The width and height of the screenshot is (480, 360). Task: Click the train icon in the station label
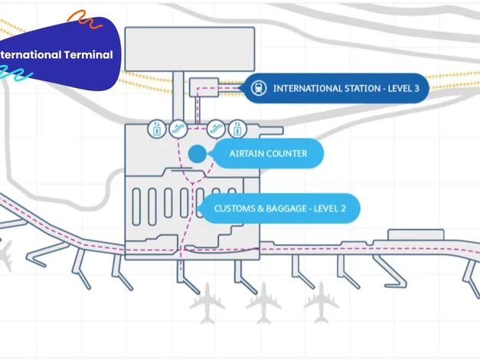tap(259, 88)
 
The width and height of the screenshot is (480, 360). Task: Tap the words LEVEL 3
tap(403, 89)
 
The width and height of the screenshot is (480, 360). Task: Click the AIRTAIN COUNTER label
tap(268, 153)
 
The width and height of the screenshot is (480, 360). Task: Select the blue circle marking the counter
tap(198, 154)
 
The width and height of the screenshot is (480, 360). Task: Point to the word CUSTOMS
tap(234, 208)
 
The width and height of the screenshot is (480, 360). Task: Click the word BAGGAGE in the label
tap(286, 208)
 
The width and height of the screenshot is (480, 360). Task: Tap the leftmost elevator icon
tap(157, 129)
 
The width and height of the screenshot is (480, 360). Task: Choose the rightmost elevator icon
tap(237, 129)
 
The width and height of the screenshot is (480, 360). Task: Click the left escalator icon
tap(178, 129)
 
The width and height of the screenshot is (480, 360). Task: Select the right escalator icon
tap(216, 129)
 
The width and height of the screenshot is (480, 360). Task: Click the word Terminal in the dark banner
tap(89, 54)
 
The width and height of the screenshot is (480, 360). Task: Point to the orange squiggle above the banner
tap(85, 19)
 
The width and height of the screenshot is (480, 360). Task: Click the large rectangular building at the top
tap(190, 49)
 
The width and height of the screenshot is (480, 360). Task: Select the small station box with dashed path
tap(204, 87)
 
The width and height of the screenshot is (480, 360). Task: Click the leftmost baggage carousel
tap(136, 207)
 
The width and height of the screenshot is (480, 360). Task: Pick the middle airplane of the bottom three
tap(264, 303)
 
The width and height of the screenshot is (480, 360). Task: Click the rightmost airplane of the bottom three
tap(321, 303)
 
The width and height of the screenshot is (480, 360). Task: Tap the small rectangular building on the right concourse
tap(416, 234)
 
